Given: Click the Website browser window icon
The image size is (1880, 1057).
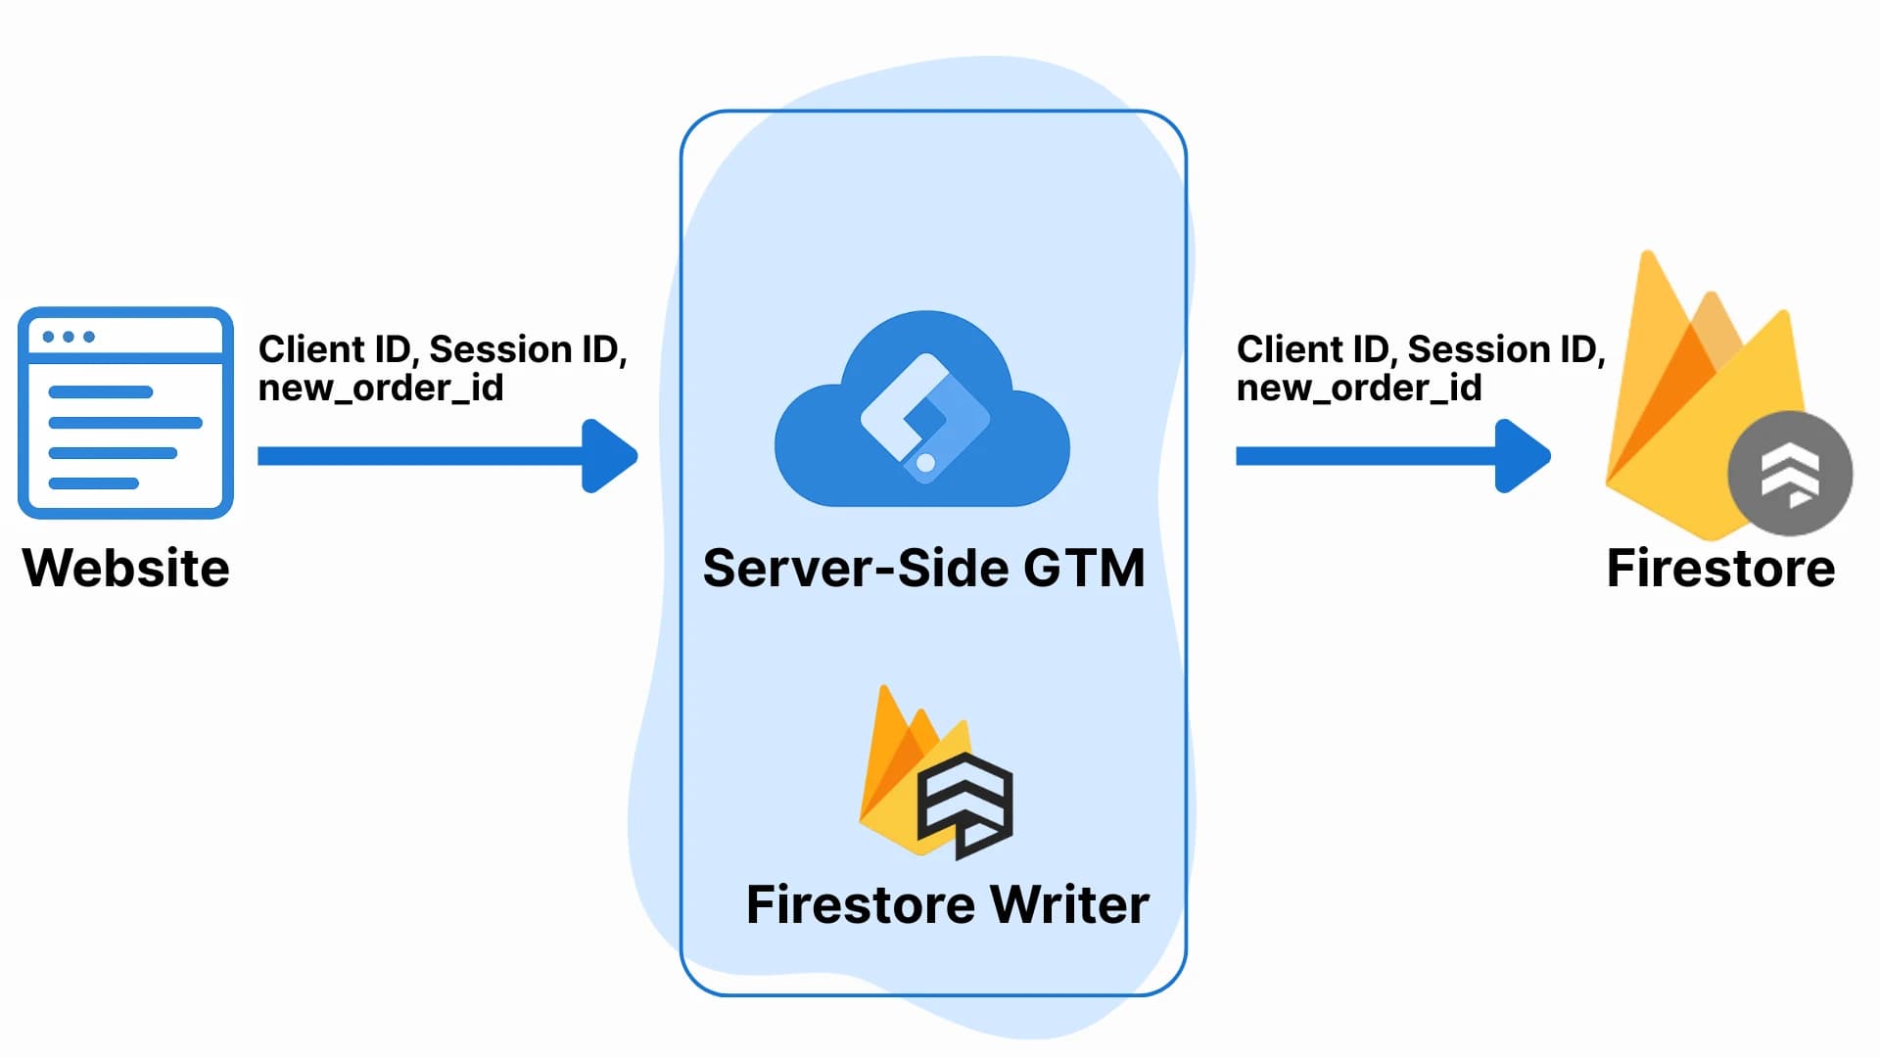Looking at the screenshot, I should point(125,412).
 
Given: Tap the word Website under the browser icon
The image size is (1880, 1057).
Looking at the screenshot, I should point(125,568).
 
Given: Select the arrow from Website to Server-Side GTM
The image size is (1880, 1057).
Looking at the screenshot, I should point(431,456).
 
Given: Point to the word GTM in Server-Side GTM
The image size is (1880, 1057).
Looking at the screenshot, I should point(1085,568).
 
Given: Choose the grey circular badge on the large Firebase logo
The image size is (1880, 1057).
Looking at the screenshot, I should point(1790,473).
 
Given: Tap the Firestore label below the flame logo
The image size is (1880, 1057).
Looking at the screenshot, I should point(1720,568).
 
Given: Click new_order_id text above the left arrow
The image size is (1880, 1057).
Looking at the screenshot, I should point(380,389).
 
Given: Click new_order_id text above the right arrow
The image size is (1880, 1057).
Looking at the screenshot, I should point(1358,389).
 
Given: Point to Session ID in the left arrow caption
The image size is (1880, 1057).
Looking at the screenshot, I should point(527,349).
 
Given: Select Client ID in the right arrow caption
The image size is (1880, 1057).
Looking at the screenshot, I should point(1312,349).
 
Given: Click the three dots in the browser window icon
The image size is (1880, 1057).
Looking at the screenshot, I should point(69,337).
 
